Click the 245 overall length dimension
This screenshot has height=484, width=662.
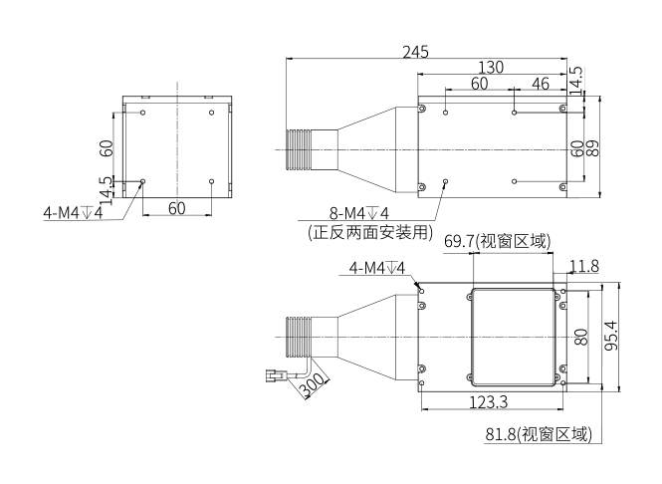[416, 52]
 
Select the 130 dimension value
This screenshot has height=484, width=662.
[491, 68]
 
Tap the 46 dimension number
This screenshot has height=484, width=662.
[541, 84]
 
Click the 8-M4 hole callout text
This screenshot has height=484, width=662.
[358, 213]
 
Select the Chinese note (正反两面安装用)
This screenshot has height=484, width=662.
[371, 233]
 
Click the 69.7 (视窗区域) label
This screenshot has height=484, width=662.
[497, 241]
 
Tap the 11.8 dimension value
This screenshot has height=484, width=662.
[583, 266]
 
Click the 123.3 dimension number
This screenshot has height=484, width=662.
[487, 401]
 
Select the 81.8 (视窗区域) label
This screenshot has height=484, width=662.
[539, 435]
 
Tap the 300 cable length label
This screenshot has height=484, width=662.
[313, 384]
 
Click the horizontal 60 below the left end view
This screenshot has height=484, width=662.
[176, 208]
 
